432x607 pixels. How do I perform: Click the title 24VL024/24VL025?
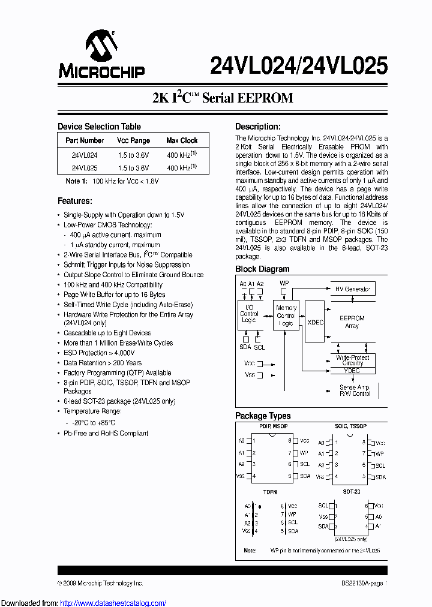[299, 65]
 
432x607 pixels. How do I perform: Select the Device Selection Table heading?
[99, 127]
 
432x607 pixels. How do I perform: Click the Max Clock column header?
[182, 140]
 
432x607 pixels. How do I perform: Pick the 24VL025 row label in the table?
[85, 169]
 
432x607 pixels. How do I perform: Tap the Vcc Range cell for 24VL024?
[133, 154]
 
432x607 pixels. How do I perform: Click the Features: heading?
[74, 201]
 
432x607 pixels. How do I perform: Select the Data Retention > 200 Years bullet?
[103, 363]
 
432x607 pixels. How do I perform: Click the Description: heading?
[257, 127]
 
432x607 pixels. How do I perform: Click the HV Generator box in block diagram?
[352, 289]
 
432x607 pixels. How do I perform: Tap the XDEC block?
[315, 322]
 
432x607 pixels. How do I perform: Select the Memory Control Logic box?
[286, 315]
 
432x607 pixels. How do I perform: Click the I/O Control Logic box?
[249, 313]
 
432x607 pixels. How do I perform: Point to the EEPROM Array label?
[352, 322]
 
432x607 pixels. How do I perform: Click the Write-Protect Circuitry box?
[352, 360]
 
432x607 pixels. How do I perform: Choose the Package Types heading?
[263, 416]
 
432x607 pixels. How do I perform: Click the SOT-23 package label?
[352, 492]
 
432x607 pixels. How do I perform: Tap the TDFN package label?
[269, 492]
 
